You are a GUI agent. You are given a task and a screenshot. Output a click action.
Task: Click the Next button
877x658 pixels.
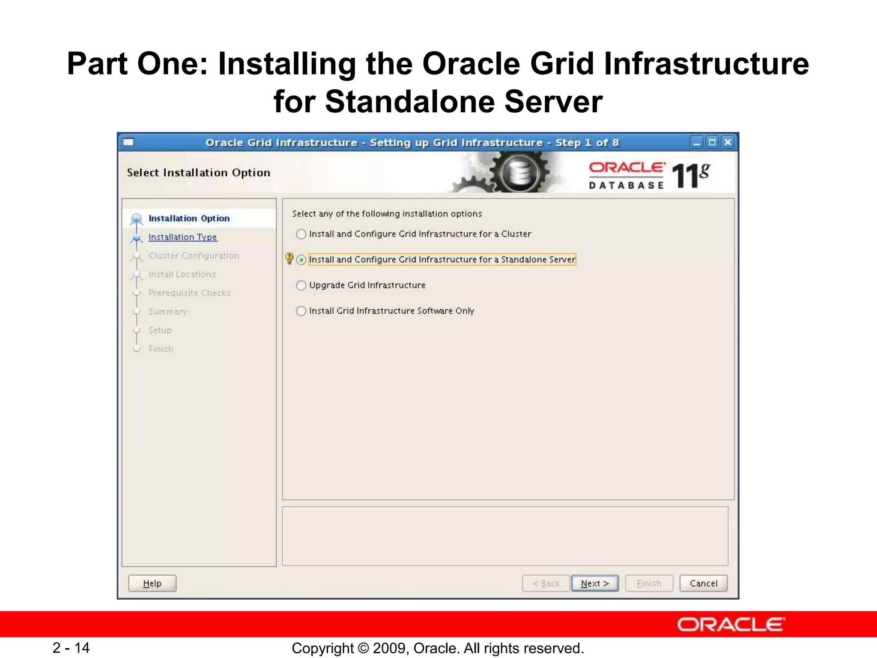[594, 583]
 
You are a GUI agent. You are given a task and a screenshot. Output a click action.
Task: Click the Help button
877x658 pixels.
[152, 583]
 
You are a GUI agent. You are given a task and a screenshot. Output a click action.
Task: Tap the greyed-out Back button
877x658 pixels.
[546, 583]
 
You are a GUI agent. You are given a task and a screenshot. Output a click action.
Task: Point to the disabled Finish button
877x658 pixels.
[649, 583]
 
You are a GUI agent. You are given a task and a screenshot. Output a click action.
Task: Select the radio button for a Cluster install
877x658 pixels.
[301, 234]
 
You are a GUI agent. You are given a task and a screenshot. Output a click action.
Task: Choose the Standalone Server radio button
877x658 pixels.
[301, 260]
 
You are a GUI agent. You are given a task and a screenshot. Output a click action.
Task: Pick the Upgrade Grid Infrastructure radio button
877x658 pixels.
[301, 285]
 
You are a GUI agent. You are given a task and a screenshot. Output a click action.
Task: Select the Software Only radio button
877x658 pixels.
[301, 311]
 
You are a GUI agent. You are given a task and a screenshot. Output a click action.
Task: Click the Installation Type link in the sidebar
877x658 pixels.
[182, 237]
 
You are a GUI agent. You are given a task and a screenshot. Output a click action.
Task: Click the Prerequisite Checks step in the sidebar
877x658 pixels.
[189, 293]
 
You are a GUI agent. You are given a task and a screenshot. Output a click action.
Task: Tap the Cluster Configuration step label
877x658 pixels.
[194, 256]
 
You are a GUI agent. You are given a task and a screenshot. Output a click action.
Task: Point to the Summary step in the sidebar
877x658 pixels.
[167, 311]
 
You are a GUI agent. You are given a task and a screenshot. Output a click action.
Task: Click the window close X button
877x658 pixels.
[728, 142]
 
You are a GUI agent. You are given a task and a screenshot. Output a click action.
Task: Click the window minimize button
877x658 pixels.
[697, 142]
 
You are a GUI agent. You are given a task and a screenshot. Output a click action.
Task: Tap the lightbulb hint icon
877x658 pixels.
[289, 258]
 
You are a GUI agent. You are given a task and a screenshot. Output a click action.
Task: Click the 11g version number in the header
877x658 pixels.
[690, 175]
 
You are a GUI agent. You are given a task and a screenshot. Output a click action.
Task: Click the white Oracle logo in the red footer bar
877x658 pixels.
[731, 625]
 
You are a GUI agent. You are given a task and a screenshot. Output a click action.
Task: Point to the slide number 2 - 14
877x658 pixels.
[71, 648]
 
